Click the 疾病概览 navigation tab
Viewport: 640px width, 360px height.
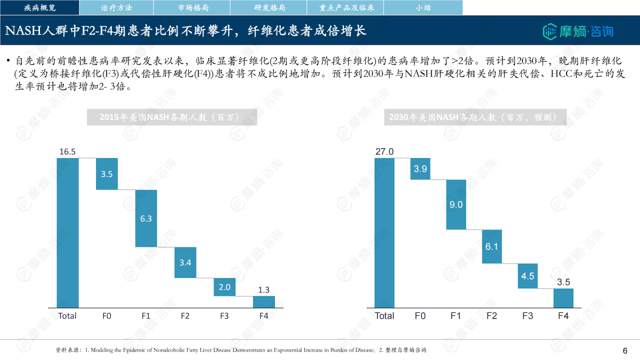click(x=40, y=7)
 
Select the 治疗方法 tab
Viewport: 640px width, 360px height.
click(x=116, y=7)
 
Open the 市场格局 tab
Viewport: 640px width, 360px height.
click(x=192, y=7)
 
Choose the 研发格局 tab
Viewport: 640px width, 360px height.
click(x=269, y=7)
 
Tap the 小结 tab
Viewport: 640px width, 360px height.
click(x=423, y=7)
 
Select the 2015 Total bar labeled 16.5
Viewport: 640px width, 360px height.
click(x=67, y=232)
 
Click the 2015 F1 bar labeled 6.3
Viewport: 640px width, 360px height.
click(x=146, y=218)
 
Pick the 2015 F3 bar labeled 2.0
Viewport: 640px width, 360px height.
click(x=224, y=287)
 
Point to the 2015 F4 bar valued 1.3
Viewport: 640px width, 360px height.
click(x=263, y=302)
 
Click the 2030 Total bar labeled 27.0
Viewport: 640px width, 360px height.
click(x=384, y=232)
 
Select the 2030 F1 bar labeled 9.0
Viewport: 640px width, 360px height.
click(x=456, y=204)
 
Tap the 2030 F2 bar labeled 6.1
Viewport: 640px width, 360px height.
click(x=491, y=246)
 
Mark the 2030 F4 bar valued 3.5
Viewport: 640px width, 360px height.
click(x=563, y=298)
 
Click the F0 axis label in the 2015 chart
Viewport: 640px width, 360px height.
click(x=106, y=316)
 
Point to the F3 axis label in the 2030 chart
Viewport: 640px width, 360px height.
click(x=527, y=316)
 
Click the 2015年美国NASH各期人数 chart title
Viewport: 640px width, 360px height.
click(x=172, y=117)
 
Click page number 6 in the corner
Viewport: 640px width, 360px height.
click(x=625, y=350)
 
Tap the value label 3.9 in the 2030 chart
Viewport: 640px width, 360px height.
click(x=420, y=169)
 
